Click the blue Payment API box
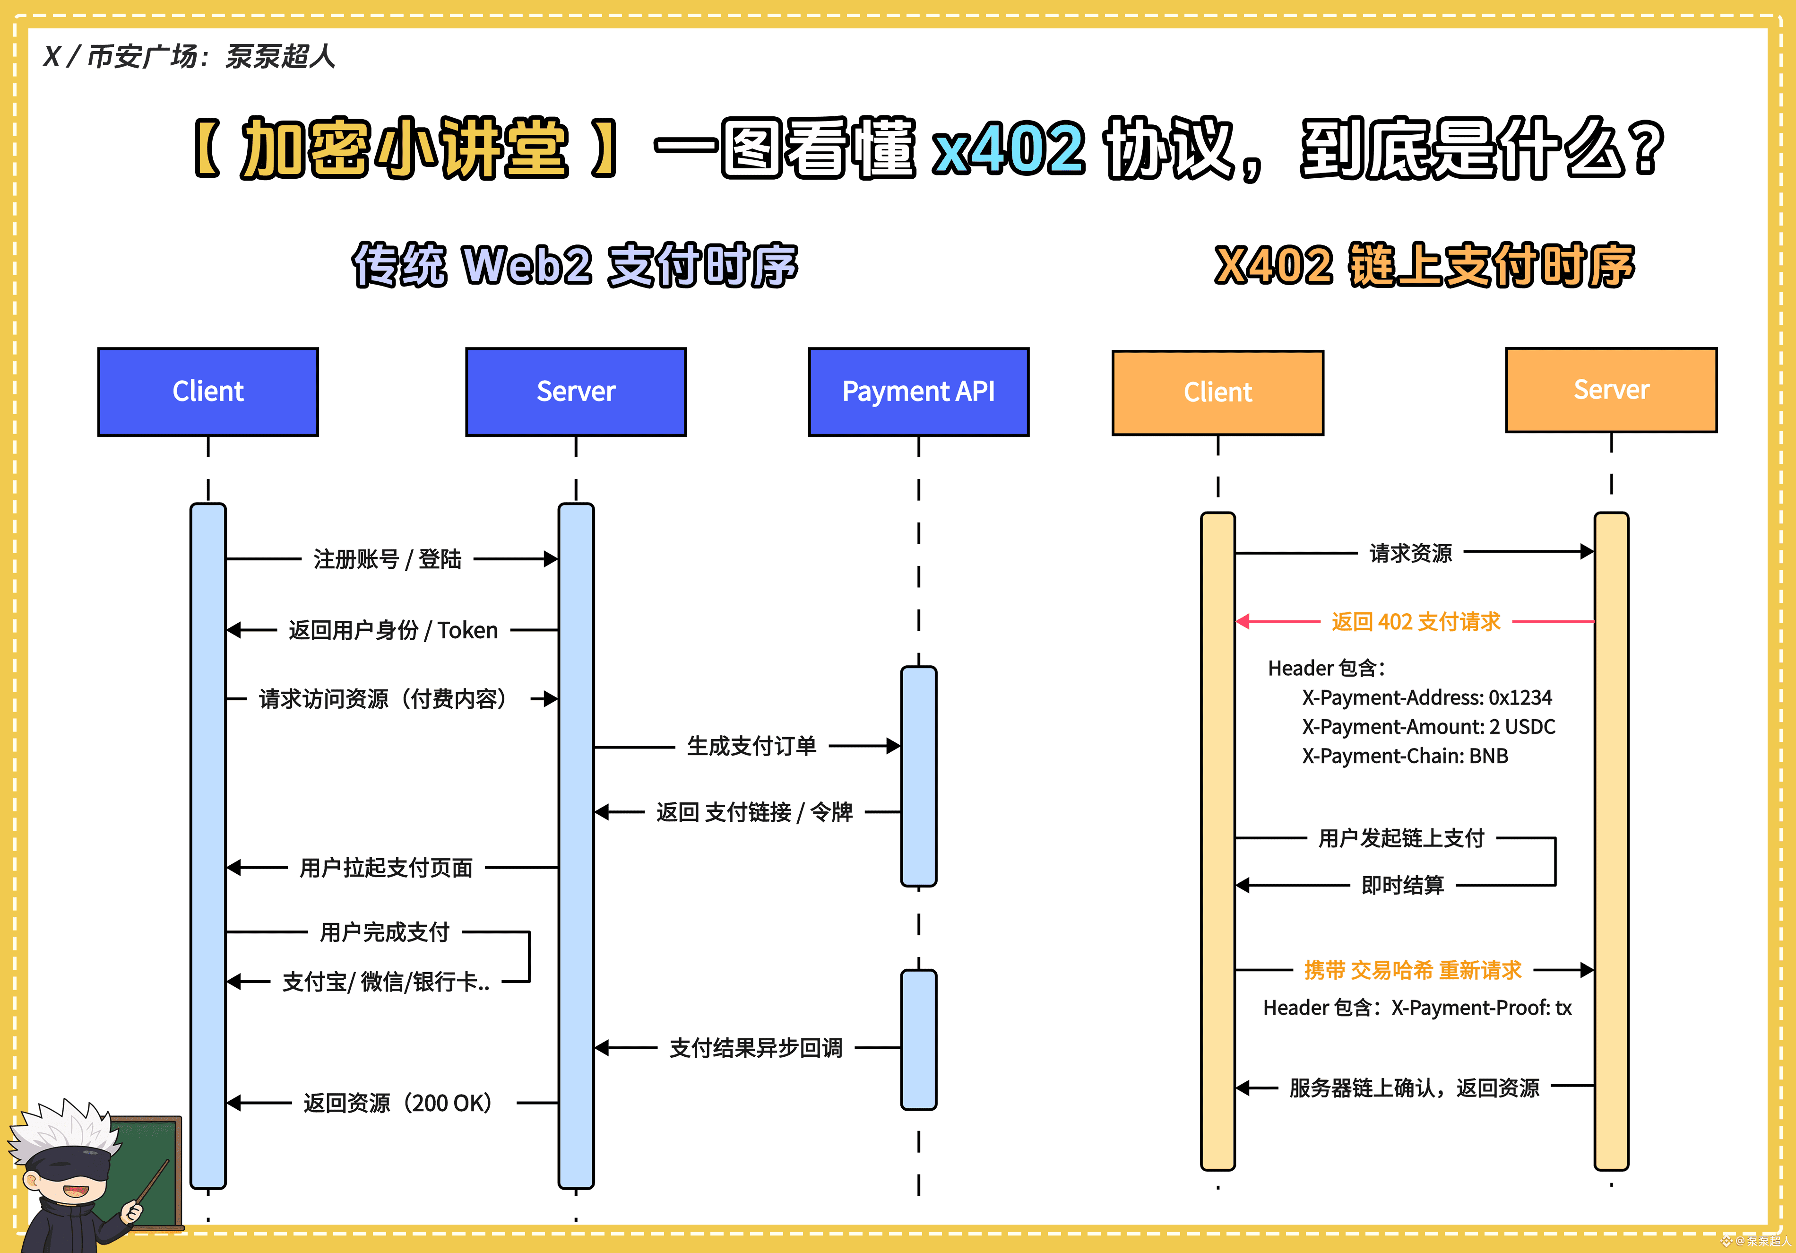point(918,392)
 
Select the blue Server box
point(576,392)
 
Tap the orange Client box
point(1217,392)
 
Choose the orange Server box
point(1611,390)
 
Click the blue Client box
point(208,392)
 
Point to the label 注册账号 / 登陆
point(387,559)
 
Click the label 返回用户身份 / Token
point(393,630)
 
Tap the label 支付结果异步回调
point(756,1048)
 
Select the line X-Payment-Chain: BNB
point(1405,756)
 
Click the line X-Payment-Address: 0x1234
point(1426,697)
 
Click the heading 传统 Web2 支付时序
point(575,265)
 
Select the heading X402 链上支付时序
point(1424,265)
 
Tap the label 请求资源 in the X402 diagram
point(1410,553)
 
